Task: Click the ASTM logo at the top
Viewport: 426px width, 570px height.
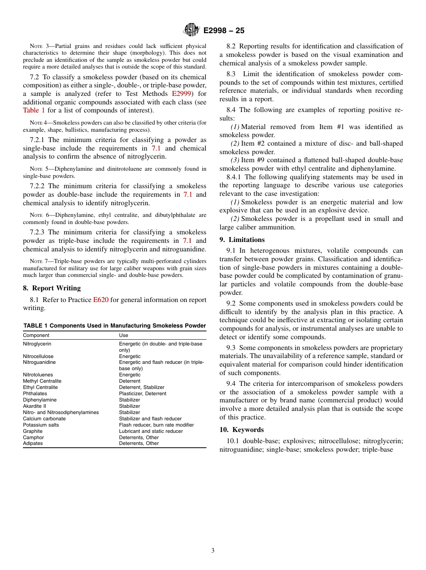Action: tap(191, 30)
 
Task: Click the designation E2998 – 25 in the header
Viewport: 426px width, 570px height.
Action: tap(224, 30)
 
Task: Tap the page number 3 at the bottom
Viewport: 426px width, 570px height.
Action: tap(213, 550)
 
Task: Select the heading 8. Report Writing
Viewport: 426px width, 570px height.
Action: tap(52, 288)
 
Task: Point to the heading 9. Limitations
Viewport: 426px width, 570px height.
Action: tap(242, 240)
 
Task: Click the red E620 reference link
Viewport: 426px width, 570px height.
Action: tap(100, 300)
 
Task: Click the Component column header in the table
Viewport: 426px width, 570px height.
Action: tap(36, 335)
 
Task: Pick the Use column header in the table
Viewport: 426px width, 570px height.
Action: tap(123, 335)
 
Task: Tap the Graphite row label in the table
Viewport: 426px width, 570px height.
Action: tap(33, 431)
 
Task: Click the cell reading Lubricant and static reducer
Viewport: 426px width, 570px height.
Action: tap(151, 431)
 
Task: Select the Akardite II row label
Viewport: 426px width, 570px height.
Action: tap(35, 406)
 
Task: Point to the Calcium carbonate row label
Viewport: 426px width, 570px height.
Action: tap(44, 419)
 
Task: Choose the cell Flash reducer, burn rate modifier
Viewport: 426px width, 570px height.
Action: tap(156, 425)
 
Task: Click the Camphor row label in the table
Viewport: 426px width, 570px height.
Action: tap(34, 437)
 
